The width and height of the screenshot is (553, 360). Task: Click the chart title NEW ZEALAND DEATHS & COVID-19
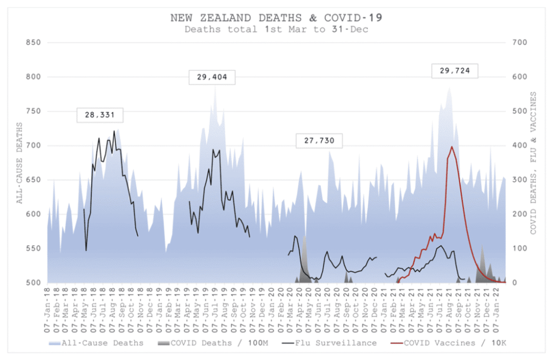[276, 17]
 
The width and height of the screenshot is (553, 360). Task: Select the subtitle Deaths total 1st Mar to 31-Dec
[276, 29]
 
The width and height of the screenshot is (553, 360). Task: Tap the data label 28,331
[100, 114]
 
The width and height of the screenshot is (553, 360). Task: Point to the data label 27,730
[319, 141]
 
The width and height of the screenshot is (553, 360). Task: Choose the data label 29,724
[455, 71]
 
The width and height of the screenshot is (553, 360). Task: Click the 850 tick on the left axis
[34, 42]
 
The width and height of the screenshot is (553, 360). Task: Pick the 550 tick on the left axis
[34, 248]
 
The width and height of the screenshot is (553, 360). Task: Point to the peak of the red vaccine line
[451, 146]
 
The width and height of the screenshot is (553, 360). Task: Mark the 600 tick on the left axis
[34, 214]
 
